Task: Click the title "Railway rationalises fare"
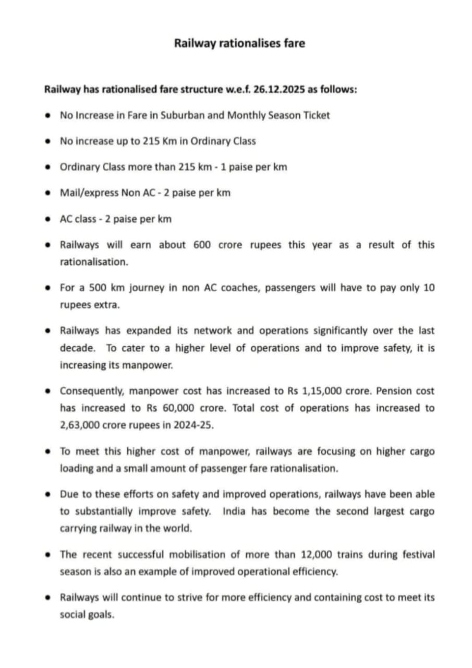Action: [x=239, y=43]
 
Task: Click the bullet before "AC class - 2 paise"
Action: [x=49, y=219]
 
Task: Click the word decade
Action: [x=77, y=348]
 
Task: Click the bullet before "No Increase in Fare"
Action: [x=49, y=115]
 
